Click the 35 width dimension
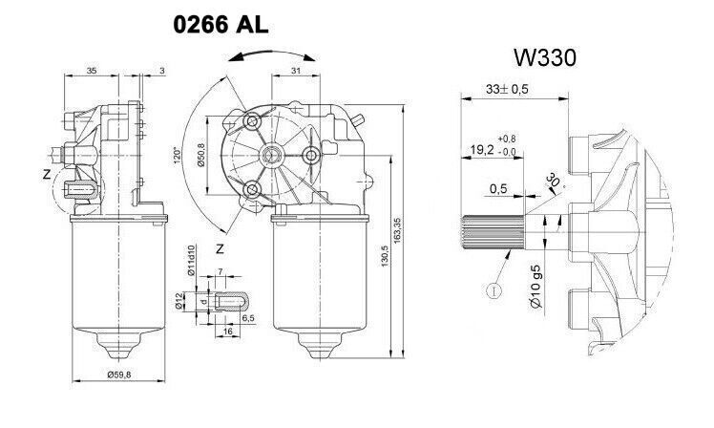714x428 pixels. coord(91,71)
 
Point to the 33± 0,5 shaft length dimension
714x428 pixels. coord(508,89)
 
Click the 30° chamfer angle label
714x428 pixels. coord(552,182)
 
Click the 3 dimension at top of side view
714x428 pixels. coord(163,71)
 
